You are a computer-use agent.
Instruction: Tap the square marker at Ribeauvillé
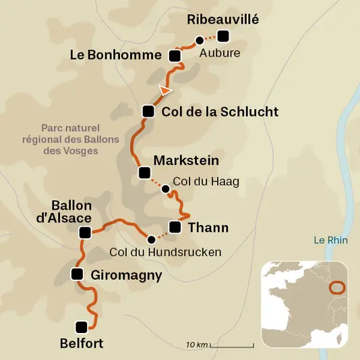[x=223, y=36]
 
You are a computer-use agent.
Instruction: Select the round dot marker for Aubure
[x=199, y=40]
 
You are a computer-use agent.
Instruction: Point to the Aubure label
[x=220, y=53]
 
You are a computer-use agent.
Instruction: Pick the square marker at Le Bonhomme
[x=175, y=55]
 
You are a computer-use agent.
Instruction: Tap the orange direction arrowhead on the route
[x=165, y=89]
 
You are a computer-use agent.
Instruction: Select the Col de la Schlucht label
[x=220, y=112]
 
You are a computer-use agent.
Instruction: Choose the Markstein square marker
[x=144, y=173]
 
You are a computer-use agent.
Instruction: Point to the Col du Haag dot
[x=166, y=189]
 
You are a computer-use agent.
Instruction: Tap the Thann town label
[x=208, y=228]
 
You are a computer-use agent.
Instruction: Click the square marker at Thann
[x=175, y=227]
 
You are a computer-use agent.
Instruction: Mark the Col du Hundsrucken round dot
[x=151, y=238]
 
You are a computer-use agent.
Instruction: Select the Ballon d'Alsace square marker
[x=85, y=233]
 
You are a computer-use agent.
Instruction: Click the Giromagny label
[x=127, y=274]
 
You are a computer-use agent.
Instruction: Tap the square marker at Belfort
[x=82, y=328]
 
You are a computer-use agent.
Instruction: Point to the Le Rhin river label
[x=328, y=239]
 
